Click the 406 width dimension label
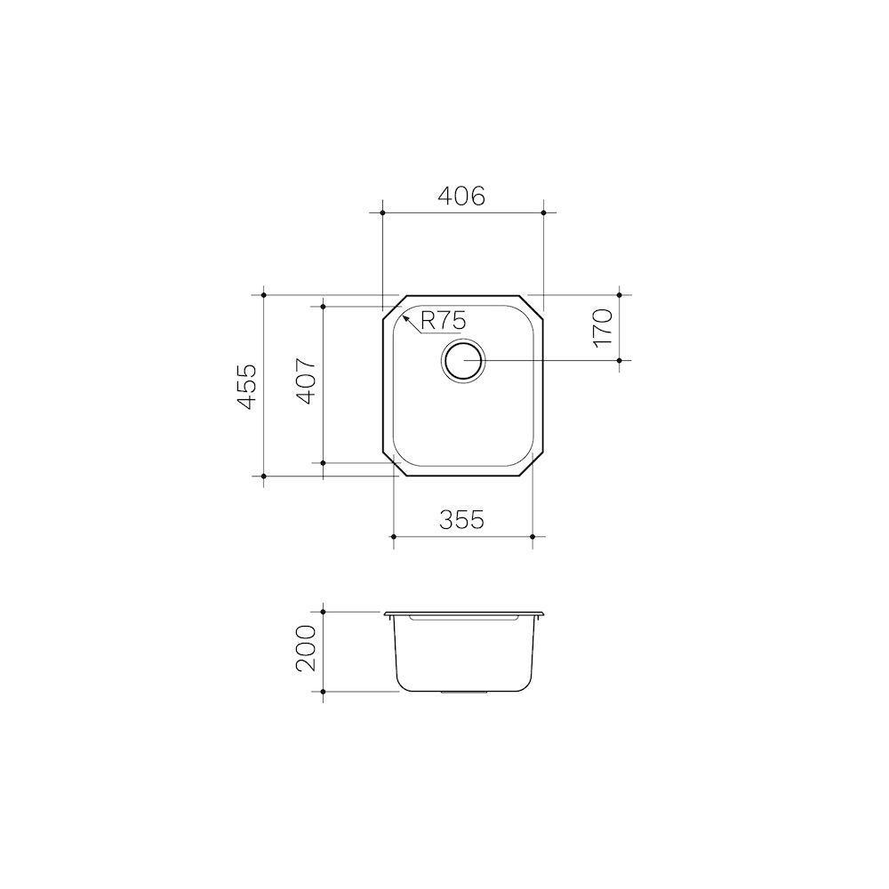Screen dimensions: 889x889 [461, 196]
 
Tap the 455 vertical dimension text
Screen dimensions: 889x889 [248, 386]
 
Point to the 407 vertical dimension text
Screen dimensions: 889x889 [305, 382]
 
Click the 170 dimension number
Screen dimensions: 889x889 [604, 327]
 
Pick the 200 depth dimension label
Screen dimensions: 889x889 [305, 649]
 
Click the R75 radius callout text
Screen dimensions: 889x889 [443, 320]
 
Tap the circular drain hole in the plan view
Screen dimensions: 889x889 [462, 361]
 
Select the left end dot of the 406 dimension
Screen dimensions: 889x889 [381, 213]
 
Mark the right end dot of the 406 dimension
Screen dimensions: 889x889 [543, 213]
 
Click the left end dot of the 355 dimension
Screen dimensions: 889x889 [393, 537]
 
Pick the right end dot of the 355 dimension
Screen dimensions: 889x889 [532, 537]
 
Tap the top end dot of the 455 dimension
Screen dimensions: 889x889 [265, 294]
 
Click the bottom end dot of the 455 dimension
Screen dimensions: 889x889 [265, 477]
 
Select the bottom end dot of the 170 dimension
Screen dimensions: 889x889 [620, 360]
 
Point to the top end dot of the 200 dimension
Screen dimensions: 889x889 [324, 612]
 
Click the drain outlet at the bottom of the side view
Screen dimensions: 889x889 [462, 691]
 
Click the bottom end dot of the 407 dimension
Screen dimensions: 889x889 [324, 463]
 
